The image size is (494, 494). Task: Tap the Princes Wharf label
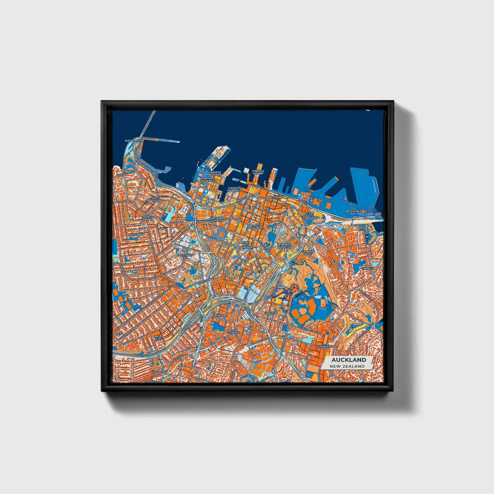pos(258,172)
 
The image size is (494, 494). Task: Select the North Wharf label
pos(216,173)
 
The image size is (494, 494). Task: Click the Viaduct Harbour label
pos(234,189)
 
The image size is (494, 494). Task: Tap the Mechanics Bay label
pos(353,213)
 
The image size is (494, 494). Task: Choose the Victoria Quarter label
pos(217,219)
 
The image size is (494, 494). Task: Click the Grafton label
pos(271,313)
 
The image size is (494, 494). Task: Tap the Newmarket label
pos(324,346)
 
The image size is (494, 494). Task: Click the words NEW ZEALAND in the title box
pos(347,366)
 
